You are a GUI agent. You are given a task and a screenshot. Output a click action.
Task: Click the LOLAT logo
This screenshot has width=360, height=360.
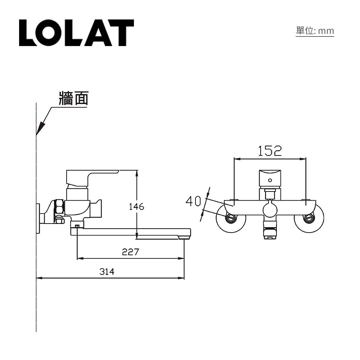pos(76,33)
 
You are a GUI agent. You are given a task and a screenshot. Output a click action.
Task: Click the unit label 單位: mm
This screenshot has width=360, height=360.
pos(315,31)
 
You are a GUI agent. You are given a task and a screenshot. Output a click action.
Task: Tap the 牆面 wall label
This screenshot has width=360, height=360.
pos(73,98)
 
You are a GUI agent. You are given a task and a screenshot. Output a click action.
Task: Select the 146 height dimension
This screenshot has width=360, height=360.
pos(136,207)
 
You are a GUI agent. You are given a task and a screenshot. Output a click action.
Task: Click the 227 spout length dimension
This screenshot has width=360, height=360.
pos(130,252)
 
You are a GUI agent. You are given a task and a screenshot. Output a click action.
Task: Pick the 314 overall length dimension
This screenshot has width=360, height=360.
pos(107,272)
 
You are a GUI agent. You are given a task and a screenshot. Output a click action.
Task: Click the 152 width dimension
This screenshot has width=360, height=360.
pos(270,151)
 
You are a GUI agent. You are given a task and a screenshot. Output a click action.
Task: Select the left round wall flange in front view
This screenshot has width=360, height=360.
pos(231,218)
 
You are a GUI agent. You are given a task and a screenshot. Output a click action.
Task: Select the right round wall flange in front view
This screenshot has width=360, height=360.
pos(309,218)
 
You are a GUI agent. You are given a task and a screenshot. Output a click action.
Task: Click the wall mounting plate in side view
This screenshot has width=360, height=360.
pos(38,219)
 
